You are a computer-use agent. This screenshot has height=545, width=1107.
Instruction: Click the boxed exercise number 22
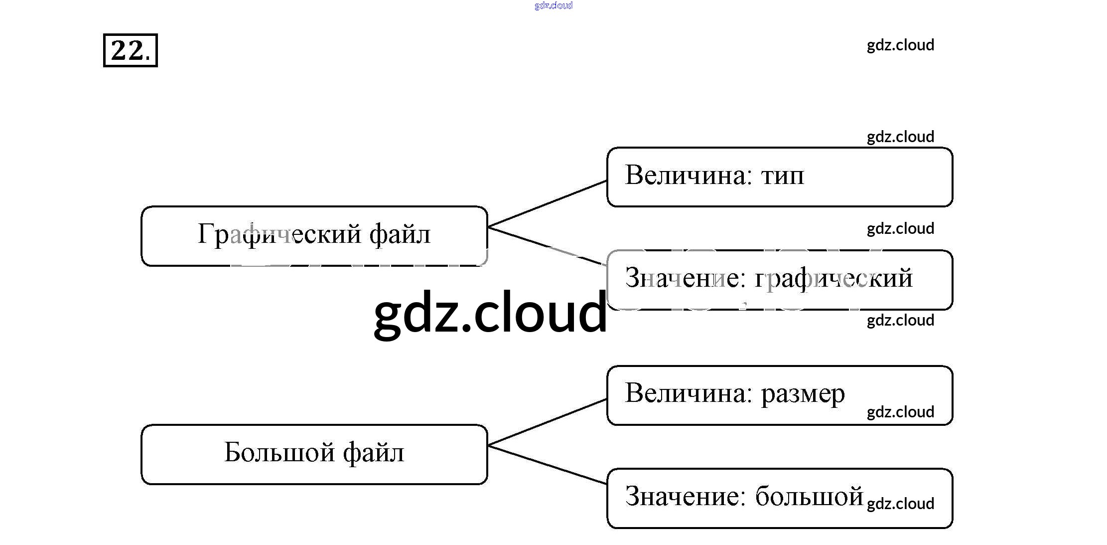pyautogui.click(x=130, y=50)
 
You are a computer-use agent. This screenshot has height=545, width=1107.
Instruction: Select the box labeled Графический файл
pyautogui.click(x=314, y=236)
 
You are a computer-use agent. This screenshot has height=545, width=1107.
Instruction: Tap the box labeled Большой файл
pyautogui.click(x=314, y=454)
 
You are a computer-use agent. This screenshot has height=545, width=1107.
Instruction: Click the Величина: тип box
pyautogui.click(x=779, y=177)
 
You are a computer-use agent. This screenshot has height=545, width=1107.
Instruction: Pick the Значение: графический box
pyautogui.click(x=779, y=280)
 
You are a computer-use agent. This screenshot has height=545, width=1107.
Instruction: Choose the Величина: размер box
pyautogui.click(x=779, y=395)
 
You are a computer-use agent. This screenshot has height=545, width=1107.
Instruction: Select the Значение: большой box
pyautogui.click(x=779, y=498)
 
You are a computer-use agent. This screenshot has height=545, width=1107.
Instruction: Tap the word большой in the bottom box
pyautogui.click(x=809, y=497)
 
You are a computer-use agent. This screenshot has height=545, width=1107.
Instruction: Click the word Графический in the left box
pyautogui.click(x=279, y=234)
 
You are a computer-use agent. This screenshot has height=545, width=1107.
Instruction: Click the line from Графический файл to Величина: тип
pyautogui.click(x=547, y=204)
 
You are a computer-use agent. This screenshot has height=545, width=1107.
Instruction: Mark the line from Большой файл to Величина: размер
pyautogui.click(x=547, y=422)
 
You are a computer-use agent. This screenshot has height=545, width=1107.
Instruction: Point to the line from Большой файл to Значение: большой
pyautogui.click(x=547, y=465)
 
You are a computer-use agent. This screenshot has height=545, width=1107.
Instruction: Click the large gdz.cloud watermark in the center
pyautogui.click(x=490, y=313)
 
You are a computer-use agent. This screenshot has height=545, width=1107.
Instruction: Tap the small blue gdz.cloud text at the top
pyautogui.click(x=553, y=5)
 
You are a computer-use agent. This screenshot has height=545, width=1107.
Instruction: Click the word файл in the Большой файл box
pyautogui.click(x=373, y=453)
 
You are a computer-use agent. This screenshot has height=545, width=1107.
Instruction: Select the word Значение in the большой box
pyautogui.click(x=685, y=497)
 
